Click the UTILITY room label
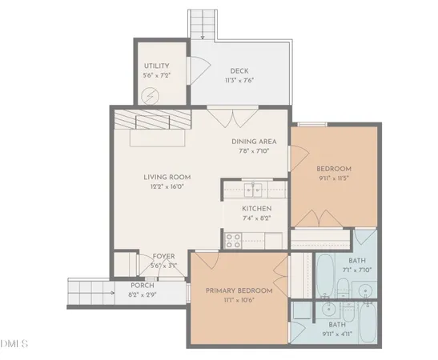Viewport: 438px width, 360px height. click(157, 66)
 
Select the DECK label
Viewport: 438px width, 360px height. click(239, 70)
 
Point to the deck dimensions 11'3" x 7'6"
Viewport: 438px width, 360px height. click(239, 79)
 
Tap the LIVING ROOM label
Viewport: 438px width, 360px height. click(166, 177)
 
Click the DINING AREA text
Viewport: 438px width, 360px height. click(254, 142)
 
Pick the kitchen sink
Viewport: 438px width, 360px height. click(254, 190)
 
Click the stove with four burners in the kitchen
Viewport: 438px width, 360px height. click(235, 238)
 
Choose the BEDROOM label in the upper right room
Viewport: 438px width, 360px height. click(333, 168)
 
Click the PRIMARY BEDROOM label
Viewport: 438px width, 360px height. click(239, 290)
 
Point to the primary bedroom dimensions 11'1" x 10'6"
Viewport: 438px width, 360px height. click(239, 300)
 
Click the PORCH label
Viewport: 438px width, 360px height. click(144, 286)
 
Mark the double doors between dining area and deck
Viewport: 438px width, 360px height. click(232, 118)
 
